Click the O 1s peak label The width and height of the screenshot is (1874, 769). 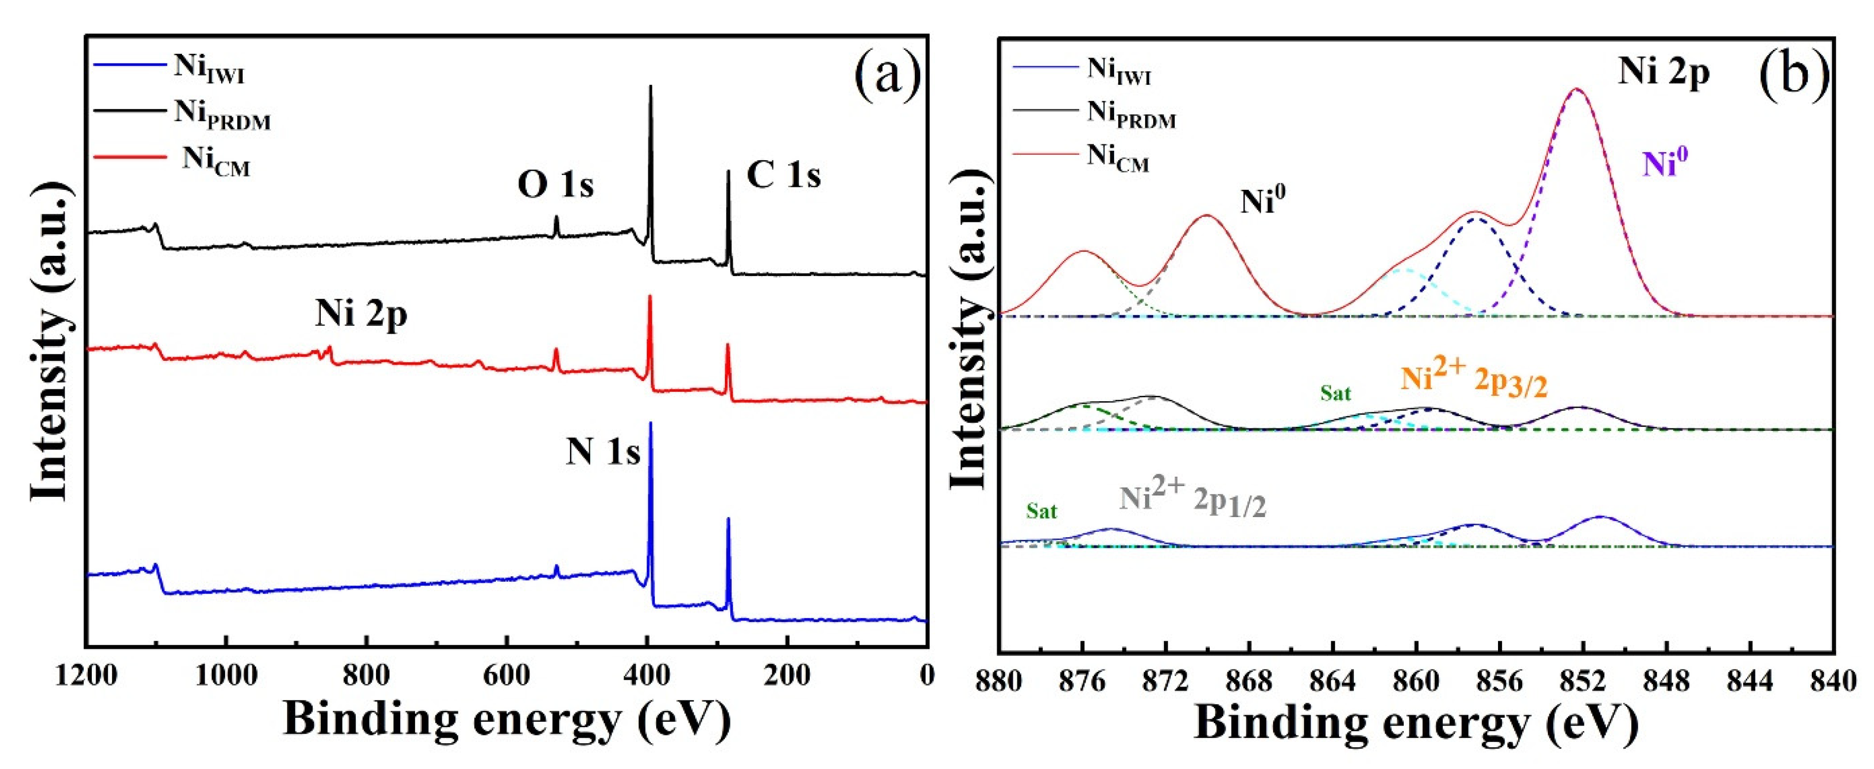tap(555, 185)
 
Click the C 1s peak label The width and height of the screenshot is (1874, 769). tap(784, 175)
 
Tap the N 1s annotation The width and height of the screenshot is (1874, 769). tap(603, 452)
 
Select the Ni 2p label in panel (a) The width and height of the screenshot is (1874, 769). tap(361, 315)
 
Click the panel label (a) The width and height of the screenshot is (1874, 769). tap(887, 75)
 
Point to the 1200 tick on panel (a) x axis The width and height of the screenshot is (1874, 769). tap(86, 676)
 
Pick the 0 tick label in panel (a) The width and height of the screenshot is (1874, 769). tap(926, 676)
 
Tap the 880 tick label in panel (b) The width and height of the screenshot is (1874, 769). tap(1000, 682)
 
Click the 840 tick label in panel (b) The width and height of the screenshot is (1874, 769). tap(1833, 682)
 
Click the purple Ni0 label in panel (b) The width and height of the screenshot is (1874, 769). tap(1664, 163)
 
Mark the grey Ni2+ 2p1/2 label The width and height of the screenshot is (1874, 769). tap(1193, 499)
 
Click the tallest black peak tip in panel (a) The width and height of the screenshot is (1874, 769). tap(650, 86)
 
